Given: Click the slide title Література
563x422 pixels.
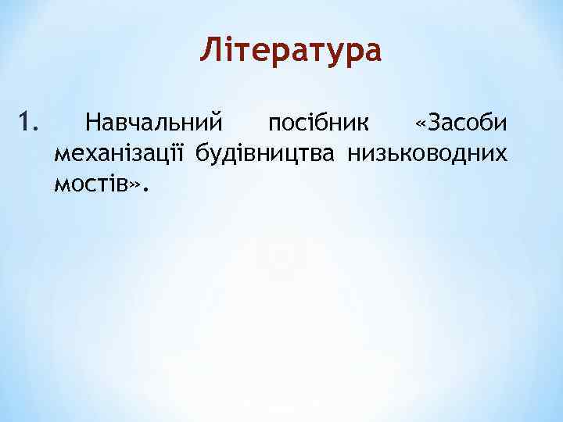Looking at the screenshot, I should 291,51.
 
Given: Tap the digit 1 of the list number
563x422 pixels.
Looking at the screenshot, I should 23,123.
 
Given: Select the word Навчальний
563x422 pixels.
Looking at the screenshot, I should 155,123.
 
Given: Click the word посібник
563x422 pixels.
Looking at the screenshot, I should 321,123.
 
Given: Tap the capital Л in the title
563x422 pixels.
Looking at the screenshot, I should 209,51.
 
